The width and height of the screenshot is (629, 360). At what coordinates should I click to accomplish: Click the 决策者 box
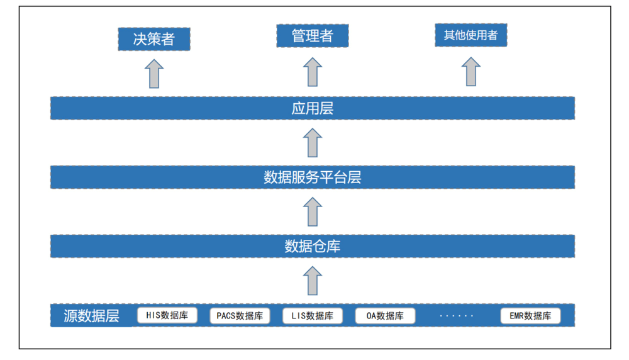tap(154, 39)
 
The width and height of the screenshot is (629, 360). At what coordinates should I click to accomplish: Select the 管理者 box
tap(313, 36)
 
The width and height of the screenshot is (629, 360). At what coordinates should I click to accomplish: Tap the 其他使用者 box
tap(471, 35)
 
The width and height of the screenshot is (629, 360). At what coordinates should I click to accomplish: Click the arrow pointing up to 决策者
tap(154, 74)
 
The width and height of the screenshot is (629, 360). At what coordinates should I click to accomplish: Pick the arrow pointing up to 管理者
tap(313, 72)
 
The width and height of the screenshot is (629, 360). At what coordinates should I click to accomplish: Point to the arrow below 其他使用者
tap(471, 72)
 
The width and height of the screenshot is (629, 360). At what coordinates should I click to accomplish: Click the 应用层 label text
tap(313, 108)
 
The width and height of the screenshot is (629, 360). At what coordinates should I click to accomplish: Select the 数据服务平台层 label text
tap(313, 177)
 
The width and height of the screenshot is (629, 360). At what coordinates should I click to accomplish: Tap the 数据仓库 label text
tap(313, 246)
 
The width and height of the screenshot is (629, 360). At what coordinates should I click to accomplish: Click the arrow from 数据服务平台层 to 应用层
tap(313, 142)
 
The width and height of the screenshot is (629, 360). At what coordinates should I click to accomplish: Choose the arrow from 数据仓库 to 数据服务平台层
tap(313, 211)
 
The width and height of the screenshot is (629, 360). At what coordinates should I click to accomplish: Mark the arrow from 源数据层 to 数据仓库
tap(313, 281)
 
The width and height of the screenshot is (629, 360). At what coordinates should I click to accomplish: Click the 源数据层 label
tap(91, 316)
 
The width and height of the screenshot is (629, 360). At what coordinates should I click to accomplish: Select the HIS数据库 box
tap(167, 315)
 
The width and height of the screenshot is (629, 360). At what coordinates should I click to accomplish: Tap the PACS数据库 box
tap(240, 316)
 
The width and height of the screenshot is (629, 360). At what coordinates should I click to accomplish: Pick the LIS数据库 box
tap(313, 316)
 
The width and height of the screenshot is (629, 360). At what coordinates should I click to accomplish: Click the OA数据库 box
tap(385, 316)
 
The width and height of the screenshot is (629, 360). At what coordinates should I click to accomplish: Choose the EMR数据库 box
tap(530, 316)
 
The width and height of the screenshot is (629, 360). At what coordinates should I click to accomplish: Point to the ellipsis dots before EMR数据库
tap(457, 316)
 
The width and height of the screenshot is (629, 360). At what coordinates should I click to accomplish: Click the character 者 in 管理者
tap(326, 36)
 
